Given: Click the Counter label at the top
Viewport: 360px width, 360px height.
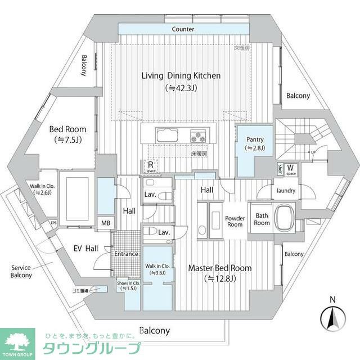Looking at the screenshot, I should pyautogui.click(x=183, y=29).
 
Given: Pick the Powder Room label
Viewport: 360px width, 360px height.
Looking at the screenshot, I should pyautogui.click(x=234, y=221).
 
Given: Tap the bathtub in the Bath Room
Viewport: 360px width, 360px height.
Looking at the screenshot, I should pyautogui.click(x=285, y=218).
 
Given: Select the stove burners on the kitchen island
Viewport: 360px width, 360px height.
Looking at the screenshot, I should pyautogui.click(x=199, y=136).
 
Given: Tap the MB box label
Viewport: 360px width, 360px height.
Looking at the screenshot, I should pyautogui.click(x=105, y=223).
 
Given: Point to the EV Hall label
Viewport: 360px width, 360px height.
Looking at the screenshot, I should pyautogui.click(x=86, y=248).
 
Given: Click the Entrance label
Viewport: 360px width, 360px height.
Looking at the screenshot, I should pyautogui.click(x=126, y=254).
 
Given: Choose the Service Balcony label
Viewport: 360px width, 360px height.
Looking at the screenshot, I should pyautogui.click(x=21, y=271).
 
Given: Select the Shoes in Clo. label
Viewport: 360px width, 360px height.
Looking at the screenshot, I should pyautogui.click(x=128, y=285).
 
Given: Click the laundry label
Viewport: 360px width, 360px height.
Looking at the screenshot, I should pyautogui.click(x=286, y=191).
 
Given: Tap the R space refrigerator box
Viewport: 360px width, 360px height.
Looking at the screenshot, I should pyautogui.click(x=150, y=166).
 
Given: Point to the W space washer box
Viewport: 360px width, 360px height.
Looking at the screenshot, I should pyautogui.click(x=291, y=169).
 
